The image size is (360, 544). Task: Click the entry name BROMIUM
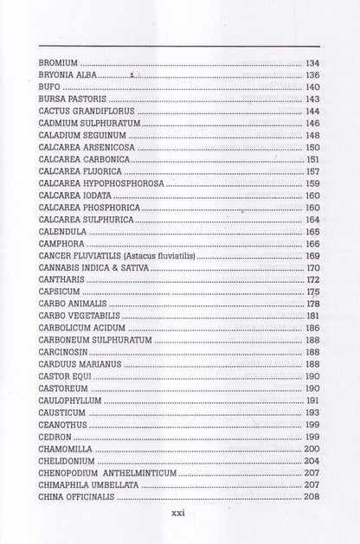click(x=60, y=63)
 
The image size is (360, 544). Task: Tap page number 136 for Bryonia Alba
click(x=312, y=75)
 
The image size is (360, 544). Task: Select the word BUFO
click(x=48, y=87)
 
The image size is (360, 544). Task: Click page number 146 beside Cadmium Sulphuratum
click(x=312, y=124)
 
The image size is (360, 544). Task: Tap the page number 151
click(x=313, y=160)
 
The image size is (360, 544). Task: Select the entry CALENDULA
click(x=64, y=232)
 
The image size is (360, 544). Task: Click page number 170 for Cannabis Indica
click(x=312, y=268)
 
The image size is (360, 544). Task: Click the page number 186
click(x=312, y=329)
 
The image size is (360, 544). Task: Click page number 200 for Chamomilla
click(x=312, y=450)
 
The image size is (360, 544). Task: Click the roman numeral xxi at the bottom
click(x=180, y=513)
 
